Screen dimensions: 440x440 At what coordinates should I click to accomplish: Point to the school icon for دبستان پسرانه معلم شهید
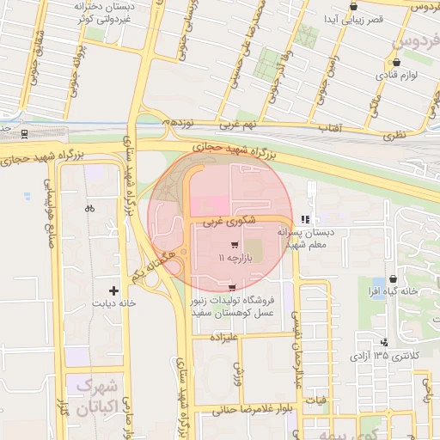(x=305, y=220)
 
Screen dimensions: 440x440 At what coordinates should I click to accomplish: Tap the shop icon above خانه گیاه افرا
(x=394, y=279)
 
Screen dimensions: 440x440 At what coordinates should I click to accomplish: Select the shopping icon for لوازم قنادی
(x=396, y=62)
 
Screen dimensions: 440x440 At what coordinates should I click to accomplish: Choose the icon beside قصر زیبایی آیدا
(x=353, y=7)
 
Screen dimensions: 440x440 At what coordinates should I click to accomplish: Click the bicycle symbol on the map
(x=89, y=208)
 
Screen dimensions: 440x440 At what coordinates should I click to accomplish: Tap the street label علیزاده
(x=217, y=337)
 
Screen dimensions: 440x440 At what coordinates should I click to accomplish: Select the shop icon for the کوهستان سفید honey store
(x=232, y=286)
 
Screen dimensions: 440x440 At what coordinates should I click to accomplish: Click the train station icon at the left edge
(x=24, y=133)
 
